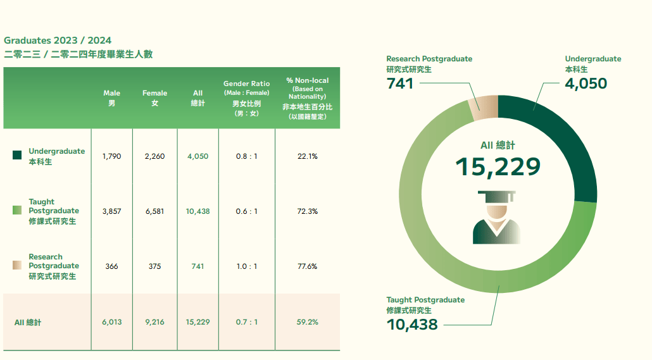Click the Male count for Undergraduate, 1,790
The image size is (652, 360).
(x=111, y=156)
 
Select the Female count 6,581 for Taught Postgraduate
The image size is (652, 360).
(x=154, y=211)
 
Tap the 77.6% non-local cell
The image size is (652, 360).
(x=307, y=266)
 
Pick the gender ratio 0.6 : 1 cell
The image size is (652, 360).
(x=246, y=211)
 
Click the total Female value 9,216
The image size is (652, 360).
(x=154, y=322)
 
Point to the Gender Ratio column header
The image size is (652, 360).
(x=246, y=98)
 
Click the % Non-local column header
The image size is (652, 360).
(x=307, y=98)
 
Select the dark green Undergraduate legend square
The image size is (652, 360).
(x=17, y=155)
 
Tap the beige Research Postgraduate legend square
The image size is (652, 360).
(x=17, y=266)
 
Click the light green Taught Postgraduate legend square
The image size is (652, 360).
(x=17, y=210)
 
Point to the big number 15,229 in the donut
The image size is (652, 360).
(x=498, y=166)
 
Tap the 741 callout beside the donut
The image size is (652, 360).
(x=399, y=83)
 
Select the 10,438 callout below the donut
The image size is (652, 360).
(x=412, y=325)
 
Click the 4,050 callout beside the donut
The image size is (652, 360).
(x=586, y=83)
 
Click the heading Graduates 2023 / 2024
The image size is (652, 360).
(x=58, y=40)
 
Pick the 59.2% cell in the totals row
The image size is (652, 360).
(x=307, y=322)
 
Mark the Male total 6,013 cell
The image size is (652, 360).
(x=111, y=322)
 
